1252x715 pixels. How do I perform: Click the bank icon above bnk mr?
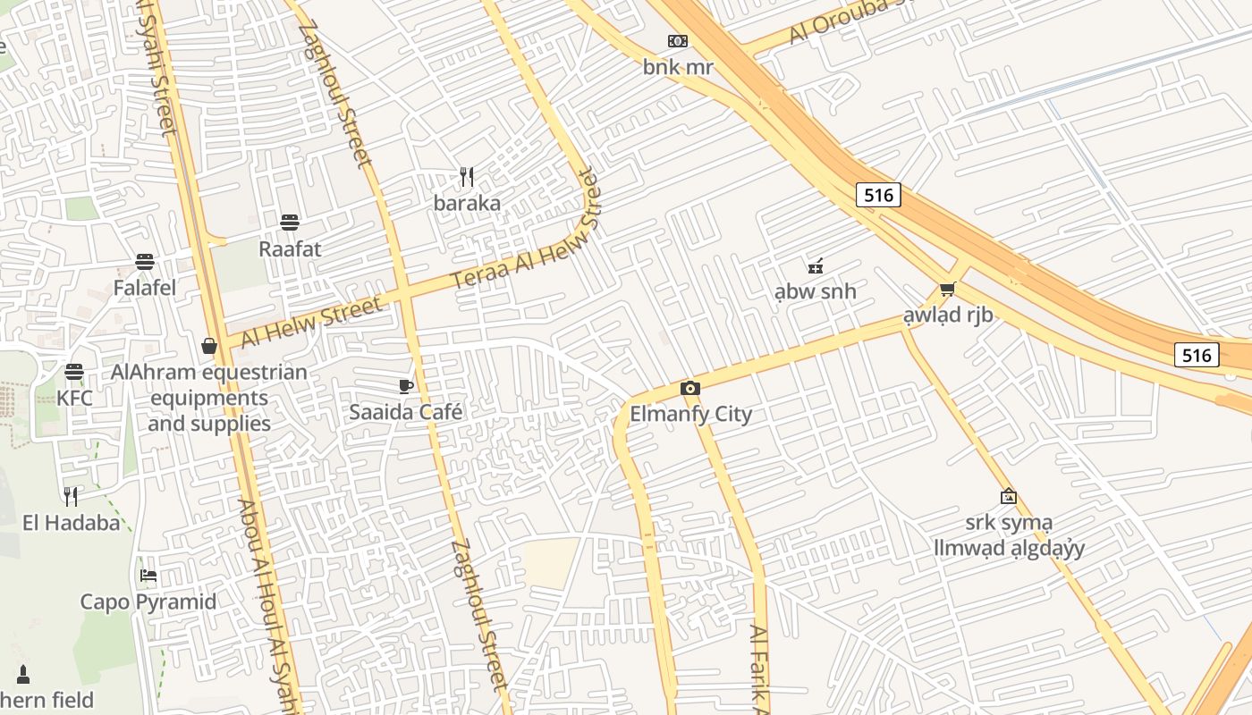tap(678, 41)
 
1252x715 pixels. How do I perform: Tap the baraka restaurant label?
tap(467, 203)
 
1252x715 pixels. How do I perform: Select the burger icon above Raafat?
tap(289, 222)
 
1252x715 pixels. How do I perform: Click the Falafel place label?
tap(145, 288)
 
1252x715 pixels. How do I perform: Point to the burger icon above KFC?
tap(74, 371)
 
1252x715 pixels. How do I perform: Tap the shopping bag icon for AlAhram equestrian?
tap(209, 346)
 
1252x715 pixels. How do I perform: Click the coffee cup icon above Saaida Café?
tap(406, 386)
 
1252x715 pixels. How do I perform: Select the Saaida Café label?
tap(406, 412)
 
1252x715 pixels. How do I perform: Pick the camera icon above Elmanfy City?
tap(689, 388)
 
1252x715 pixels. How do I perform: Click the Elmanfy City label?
tap(691, 414)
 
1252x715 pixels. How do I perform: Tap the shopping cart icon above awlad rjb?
tap(948, 289)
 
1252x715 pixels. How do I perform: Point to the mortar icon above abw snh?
tap(815, 265)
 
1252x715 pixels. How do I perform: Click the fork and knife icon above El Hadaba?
tap(71, 497)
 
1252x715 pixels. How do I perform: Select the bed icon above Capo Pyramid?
tap(148, 575)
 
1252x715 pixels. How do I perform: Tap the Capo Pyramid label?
tap(148, 601)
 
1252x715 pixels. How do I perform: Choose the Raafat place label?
tap(289, 248)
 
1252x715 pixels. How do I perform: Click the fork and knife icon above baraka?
tap(466, 177)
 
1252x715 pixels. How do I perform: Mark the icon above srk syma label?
tap(1009, 496)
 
